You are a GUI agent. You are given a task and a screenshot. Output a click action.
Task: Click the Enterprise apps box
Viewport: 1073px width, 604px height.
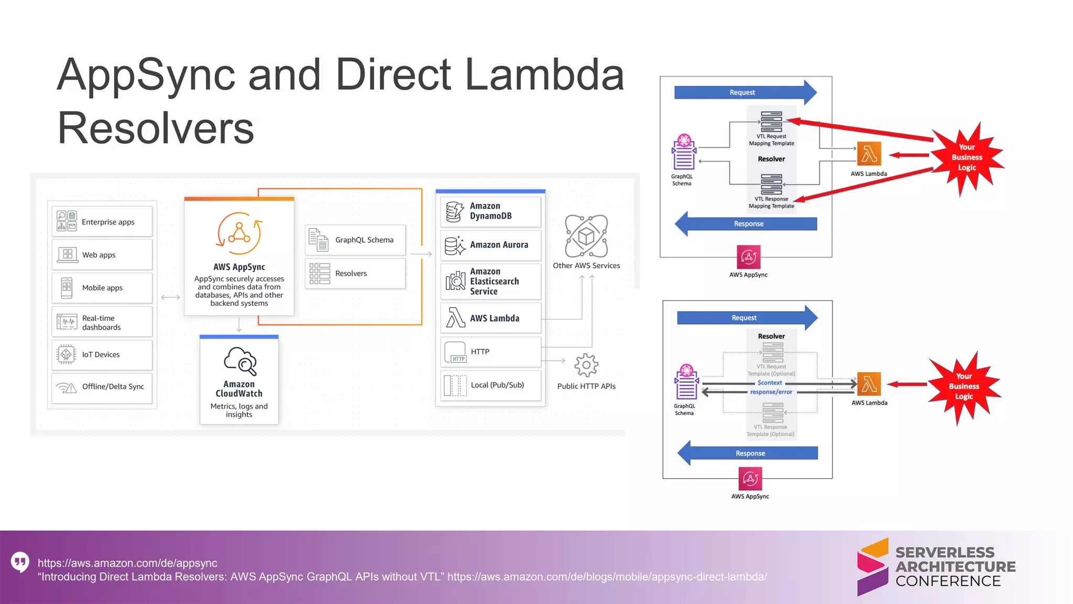(x=102, y=222)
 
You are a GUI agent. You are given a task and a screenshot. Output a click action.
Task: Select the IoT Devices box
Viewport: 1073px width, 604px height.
(x=102, y=355)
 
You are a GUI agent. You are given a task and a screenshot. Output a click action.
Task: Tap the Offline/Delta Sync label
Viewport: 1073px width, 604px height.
(x=113, y=387)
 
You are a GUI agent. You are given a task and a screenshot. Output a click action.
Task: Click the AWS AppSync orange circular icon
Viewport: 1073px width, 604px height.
(x=239, y=233)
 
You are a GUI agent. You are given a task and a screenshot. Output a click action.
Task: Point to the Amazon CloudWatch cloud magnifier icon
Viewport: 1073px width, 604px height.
(x=240, y=361)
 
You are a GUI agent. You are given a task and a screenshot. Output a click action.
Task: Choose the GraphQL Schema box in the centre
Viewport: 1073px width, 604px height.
(x=355, y=240)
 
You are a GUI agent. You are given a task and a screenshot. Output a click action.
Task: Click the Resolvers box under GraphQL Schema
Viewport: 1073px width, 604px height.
(x=355, y=274)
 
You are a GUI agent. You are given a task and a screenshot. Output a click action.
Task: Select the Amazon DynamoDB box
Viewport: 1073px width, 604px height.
(x=490, y=211)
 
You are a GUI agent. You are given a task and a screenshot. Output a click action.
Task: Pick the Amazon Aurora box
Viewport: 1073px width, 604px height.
(x=490, y=245)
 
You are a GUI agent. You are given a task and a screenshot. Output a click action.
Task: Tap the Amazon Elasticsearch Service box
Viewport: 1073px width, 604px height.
(x=490, y=282)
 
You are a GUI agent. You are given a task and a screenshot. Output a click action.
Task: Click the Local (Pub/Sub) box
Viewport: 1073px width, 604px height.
(x=490, y=385)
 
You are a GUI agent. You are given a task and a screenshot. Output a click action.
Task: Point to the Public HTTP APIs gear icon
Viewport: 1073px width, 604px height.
(x=586, y=365)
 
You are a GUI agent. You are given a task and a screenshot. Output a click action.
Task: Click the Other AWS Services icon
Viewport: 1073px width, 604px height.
(x=586, y=236)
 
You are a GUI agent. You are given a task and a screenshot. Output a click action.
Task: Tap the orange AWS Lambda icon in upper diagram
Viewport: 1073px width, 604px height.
(x=869, y=154)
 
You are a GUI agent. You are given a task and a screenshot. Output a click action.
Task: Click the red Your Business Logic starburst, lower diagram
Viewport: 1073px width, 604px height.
(x=963, y=387)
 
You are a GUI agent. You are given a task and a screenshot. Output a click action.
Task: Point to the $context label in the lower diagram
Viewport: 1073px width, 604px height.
(x=770, y=383)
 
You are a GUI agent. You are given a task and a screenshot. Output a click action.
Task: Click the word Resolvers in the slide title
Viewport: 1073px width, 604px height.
(x=156, y=128)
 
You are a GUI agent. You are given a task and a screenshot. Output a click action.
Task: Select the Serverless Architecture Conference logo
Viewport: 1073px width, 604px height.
(x=936, y=567)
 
